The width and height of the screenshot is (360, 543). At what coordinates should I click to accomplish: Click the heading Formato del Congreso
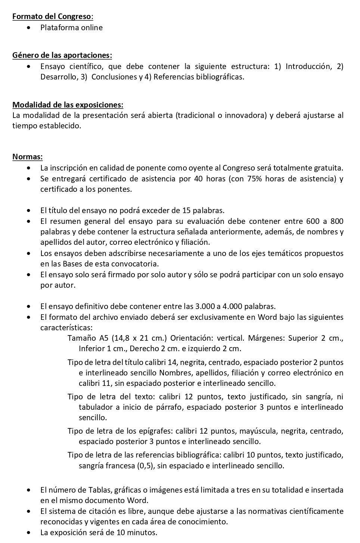point(53,16)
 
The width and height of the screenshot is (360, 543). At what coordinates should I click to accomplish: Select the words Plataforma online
point(71,28)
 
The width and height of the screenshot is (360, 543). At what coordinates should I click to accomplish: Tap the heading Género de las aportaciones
point(62,55)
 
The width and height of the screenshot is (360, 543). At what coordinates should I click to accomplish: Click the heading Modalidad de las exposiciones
point(68,104)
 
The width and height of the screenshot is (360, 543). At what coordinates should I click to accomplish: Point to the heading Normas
point(27,157)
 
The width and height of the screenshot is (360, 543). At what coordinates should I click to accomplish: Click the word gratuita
point(327,168)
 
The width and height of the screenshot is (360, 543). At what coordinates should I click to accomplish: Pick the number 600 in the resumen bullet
point(313,221)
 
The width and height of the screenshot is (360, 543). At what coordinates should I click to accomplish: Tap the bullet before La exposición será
point(29,533)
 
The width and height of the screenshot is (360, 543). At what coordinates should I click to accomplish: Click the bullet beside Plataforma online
point(29,28)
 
